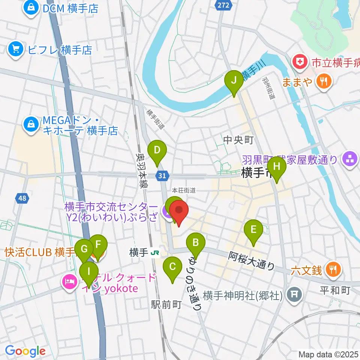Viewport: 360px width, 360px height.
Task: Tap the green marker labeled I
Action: click(89, 271)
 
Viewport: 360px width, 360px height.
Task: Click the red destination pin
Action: click(179, 212)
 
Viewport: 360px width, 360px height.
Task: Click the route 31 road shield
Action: click(162, 175)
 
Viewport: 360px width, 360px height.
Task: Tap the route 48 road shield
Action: click(22, 198)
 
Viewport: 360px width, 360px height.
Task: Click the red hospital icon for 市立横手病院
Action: click(300, 62)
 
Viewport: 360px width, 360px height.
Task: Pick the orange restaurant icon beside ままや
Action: click(322, 80)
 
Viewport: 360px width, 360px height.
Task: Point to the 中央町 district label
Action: click(238, 140)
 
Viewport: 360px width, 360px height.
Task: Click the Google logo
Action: click(25, 351)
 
